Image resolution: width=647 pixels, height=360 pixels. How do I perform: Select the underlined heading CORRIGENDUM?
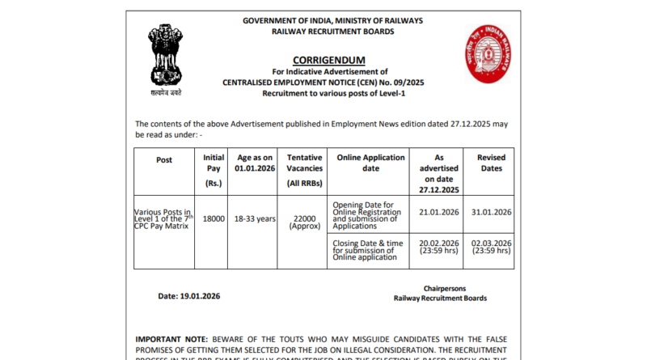pyautogui.click(x=328, y=61)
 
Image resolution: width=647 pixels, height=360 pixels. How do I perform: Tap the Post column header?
pyautogui.click(x=164, y=159)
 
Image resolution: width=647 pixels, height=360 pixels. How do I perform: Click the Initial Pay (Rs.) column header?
pyautogui.click(x=214, y=171)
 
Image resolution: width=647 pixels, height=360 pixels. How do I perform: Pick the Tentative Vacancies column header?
pyautogui.click(x=305, y=171)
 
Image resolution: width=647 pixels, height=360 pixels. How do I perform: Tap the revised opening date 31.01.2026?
pyautogui.click(x=490, y=212)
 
